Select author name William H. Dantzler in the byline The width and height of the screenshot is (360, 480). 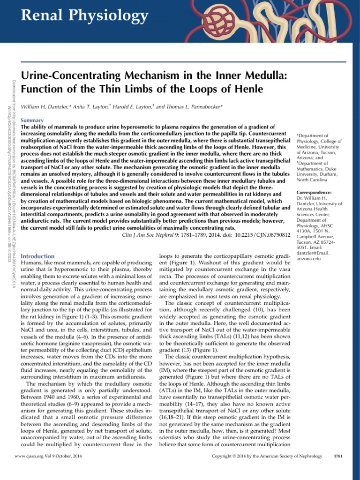point(47,107)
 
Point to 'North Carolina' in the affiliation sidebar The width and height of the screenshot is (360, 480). point(313,179)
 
